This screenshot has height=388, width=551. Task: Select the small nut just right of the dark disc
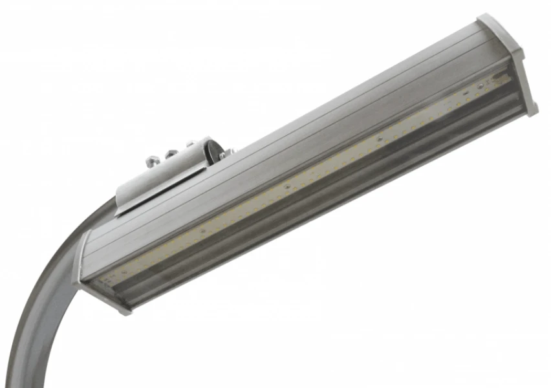pos(223,155)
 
